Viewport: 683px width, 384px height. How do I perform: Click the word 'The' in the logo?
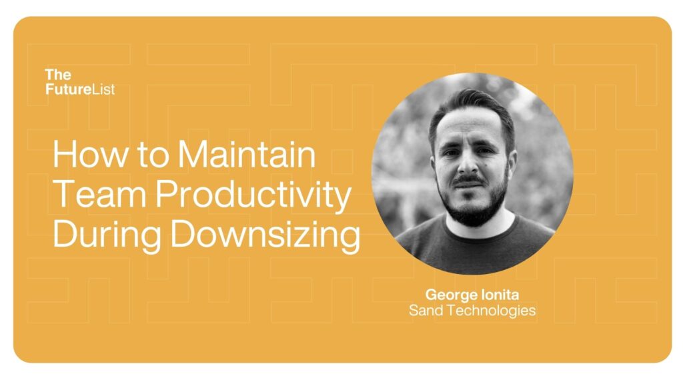(58, 75)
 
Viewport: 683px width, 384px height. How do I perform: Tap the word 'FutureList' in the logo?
(80, 89)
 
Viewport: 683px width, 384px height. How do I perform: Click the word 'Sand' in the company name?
(424, 310)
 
